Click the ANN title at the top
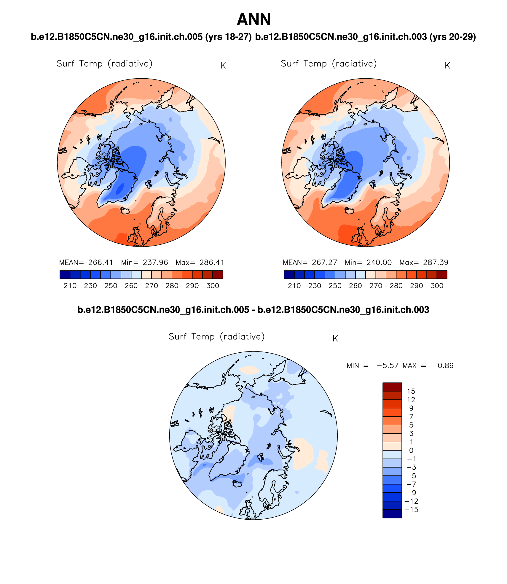[254, 20]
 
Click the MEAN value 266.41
[101, 262]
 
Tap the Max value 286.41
[212, 262]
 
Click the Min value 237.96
[155, 262]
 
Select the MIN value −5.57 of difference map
[388, 366]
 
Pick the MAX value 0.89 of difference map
[446, 366]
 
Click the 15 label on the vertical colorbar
[411, 391]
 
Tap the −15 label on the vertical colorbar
[411, 510]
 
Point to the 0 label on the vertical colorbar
[411, 451]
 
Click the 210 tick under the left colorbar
[70, 286]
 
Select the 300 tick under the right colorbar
[437, 286]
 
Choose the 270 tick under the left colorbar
[152, 286]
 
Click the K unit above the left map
[223, 66]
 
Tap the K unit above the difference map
[335, 339]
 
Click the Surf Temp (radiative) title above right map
[329, 64]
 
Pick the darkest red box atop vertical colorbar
[392, 387]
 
